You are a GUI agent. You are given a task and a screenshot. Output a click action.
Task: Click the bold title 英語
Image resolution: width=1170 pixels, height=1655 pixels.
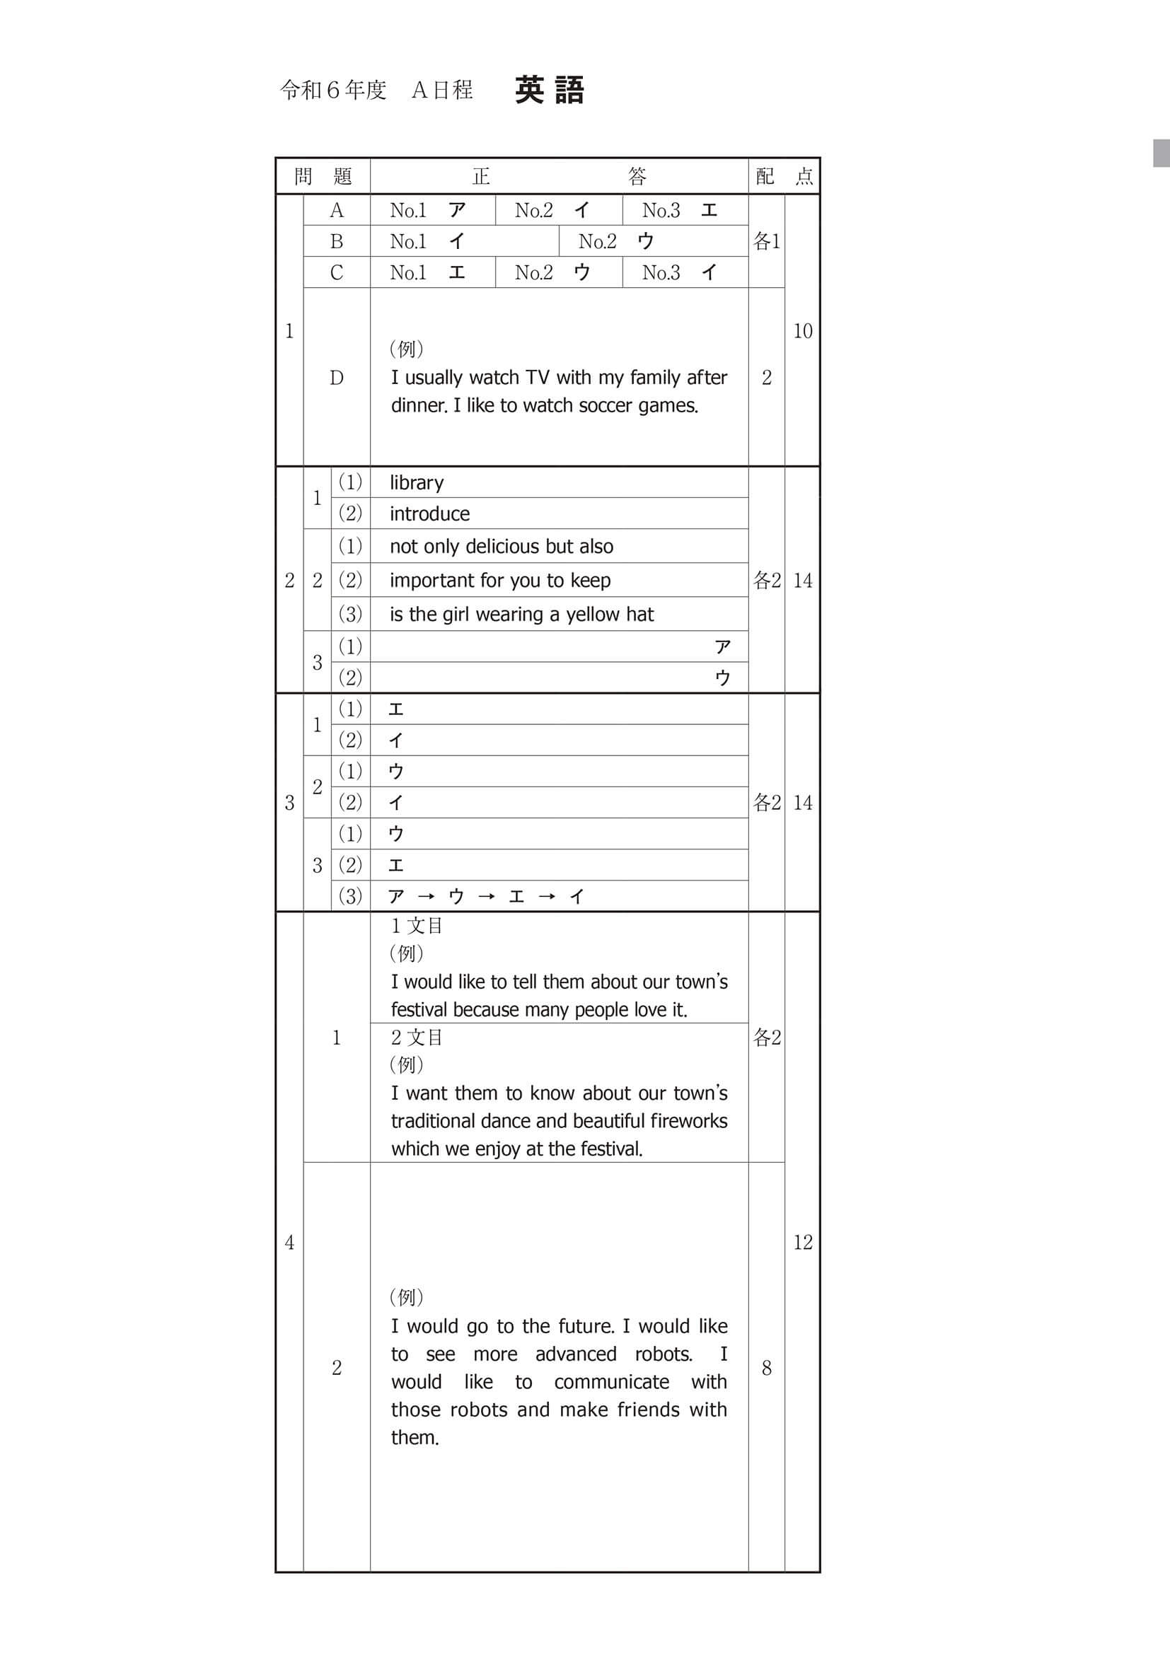pyautogui.click(x=550, y=90)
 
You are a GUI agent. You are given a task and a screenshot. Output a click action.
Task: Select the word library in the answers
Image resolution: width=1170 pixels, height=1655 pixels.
pyautogui.click(x=417, y=482)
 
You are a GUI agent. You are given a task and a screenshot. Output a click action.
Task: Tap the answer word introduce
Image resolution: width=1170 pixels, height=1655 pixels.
pyautogui.click(x=429, y=513)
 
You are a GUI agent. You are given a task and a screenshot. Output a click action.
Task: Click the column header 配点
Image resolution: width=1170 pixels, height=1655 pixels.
pyautogui.click(x=784, y=176)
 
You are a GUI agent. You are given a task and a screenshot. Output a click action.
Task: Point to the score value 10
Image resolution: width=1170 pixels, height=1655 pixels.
pyautogui.click(x=802, y=331)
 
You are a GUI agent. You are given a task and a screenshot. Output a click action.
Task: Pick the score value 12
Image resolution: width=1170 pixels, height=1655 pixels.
pyautogui.click(x=802, y=1241)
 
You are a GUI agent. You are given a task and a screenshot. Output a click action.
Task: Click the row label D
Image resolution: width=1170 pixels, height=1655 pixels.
pyautogui.click(x=337, y=378)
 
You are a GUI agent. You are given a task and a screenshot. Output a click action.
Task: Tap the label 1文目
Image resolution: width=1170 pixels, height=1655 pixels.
pyautogui.click(x=417, y=926)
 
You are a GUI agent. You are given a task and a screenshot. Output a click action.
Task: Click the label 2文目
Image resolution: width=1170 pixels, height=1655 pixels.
pyautogui.click(x=417, y=1038)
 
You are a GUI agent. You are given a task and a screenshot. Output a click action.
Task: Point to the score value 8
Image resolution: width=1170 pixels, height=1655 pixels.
pyautogui.click(x=766, y=1367)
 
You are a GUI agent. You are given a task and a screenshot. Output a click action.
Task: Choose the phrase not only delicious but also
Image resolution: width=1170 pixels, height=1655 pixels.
pyautogui.click(x=502, y=547)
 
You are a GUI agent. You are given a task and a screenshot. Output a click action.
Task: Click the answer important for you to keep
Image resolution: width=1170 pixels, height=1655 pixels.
pyautogui.click(x=500, y=580)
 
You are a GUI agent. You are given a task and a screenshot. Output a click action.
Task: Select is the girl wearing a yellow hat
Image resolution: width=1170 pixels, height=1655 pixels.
pyautogui.click(x=522, y=614)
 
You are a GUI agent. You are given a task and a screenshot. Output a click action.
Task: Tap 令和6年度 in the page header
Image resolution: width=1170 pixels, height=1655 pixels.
pyautogui.click(x=333, y=90)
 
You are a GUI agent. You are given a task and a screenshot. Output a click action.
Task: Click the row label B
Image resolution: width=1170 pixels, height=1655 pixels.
pyautogui.click(x=337, y=241)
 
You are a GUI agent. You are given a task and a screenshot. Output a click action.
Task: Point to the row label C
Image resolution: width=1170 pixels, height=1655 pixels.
pyautogui.click(x=337, y=272)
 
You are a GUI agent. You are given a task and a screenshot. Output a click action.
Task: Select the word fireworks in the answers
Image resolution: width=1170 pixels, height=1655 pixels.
pyautogui.click(x=688, y=1121)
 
